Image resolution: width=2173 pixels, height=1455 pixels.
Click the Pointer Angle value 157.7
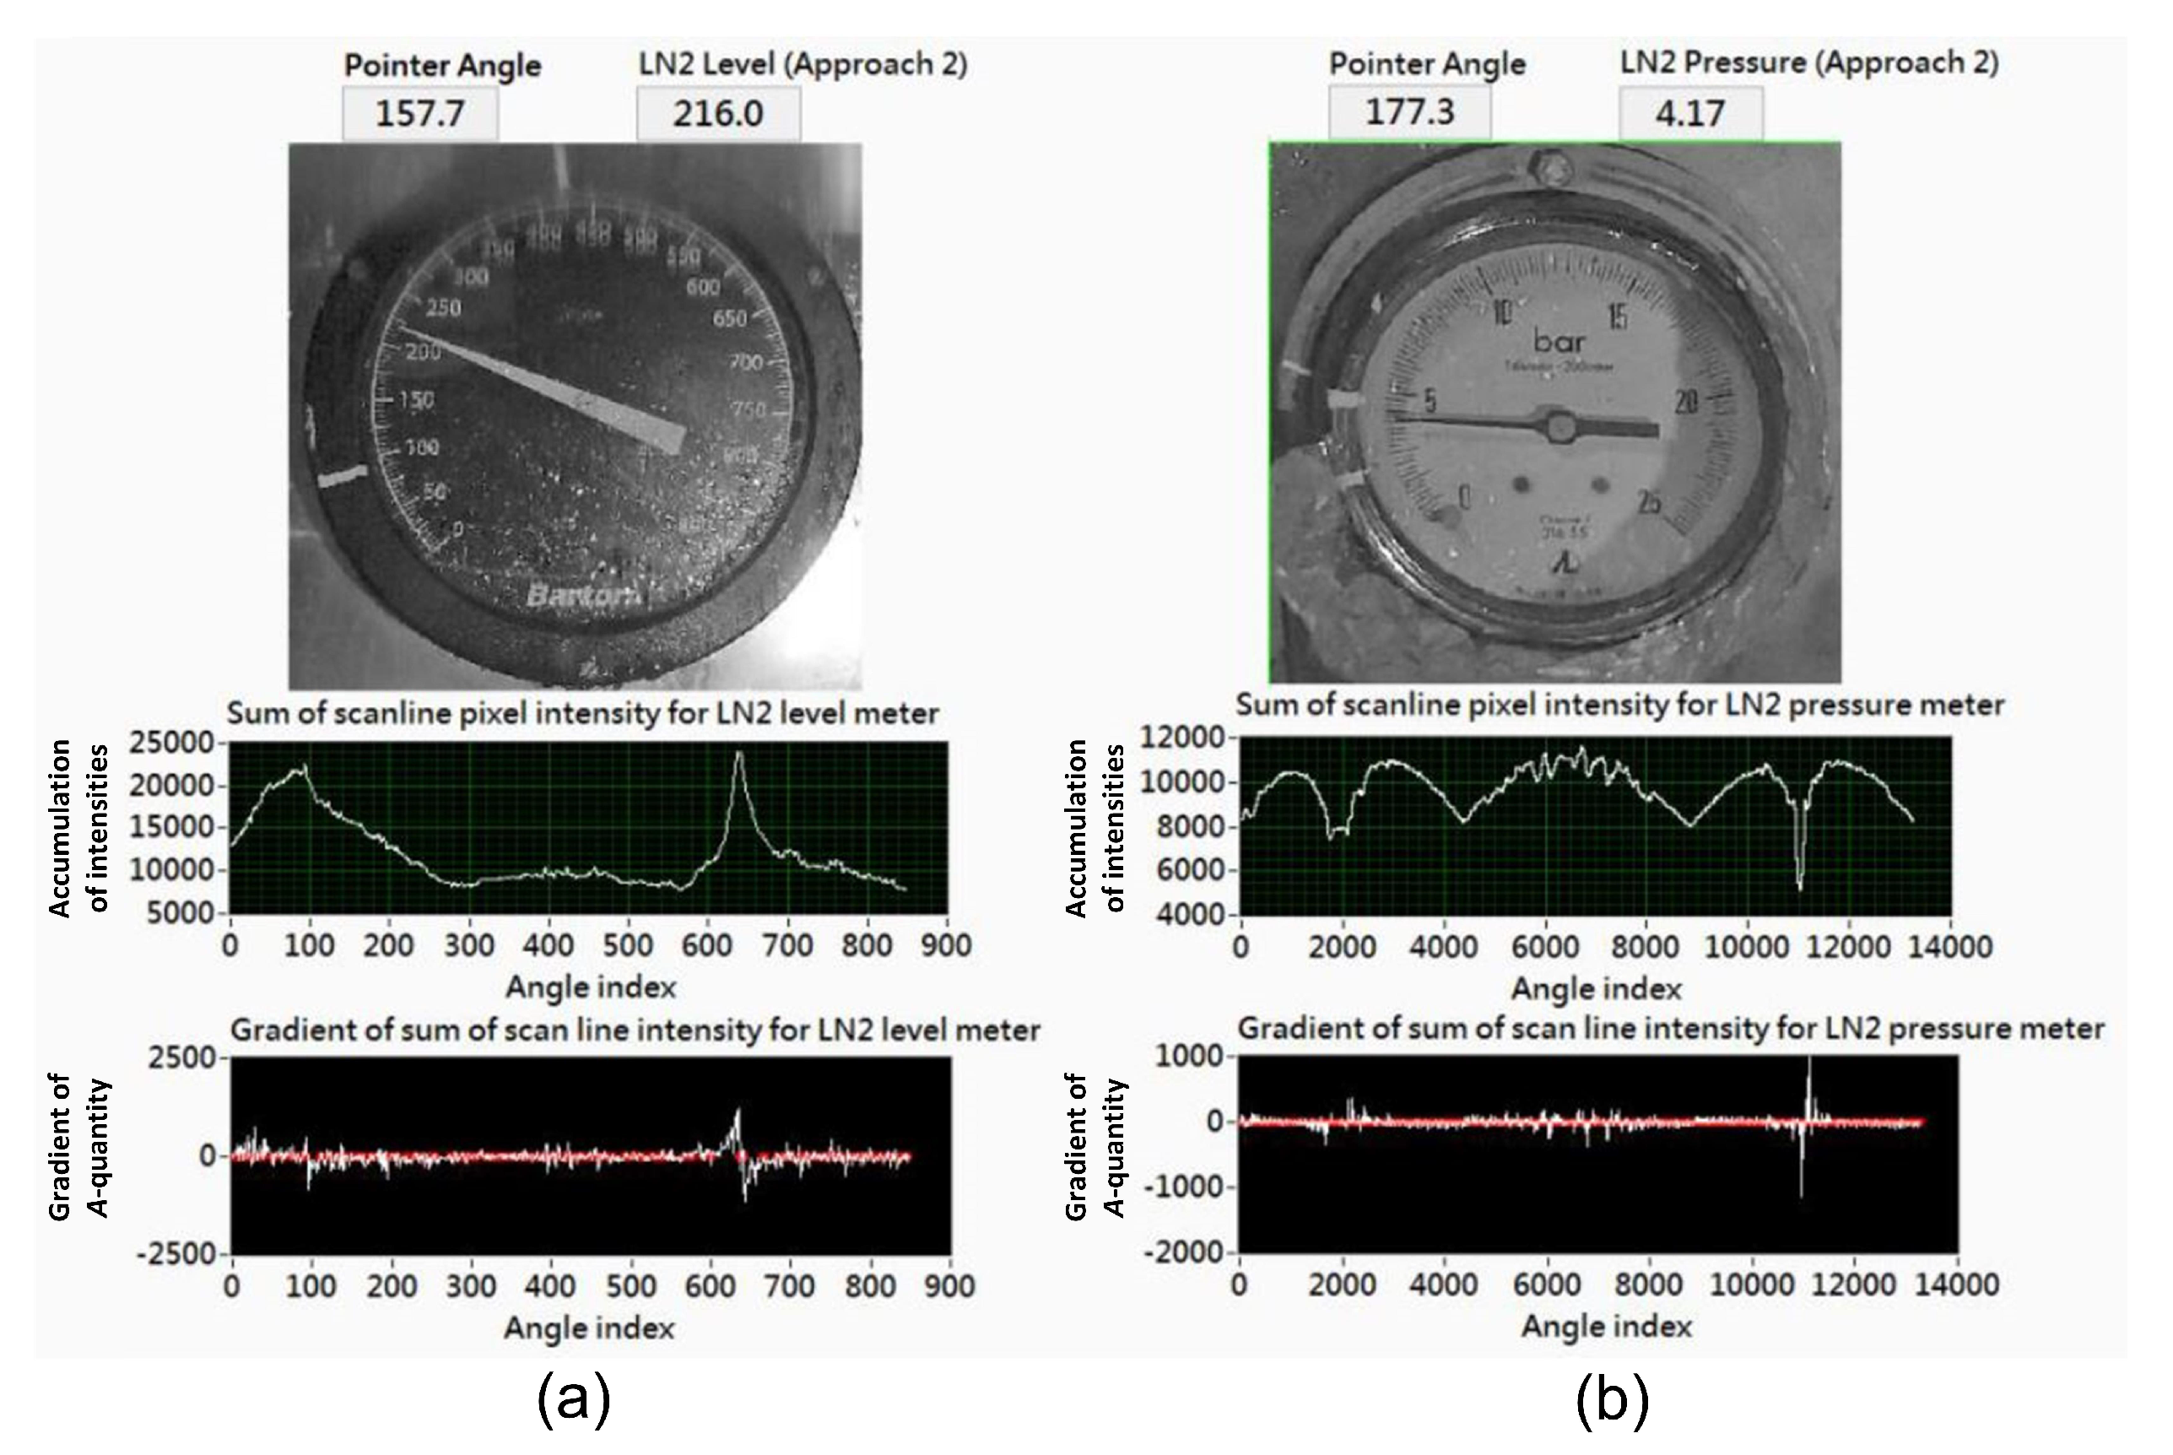coord(419,114)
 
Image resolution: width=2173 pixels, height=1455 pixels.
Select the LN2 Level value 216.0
coord(718,114)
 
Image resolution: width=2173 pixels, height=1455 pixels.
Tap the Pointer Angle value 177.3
coord(1408,112)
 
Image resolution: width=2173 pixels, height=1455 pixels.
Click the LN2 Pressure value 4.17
coord(1689,113)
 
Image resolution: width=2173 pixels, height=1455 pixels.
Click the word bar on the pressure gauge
coord(1559,342)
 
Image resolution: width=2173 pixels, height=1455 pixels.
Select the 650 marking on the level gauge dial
coord(729,318)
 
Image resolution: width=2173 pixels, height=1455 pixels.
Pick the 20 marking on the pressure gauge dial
coord(1686,401)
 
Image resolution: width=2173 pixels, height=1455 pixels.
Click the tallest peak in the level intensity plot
coord(738,754)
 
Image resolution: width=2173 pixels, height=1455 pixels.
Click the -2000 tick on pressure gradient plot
coord(1191,1252)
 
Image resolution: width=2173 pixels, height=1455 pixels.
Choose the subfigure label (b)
coord(1612,1400)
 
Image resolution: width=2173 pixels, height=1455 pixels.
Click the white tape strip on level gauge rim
coord(343,476)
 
